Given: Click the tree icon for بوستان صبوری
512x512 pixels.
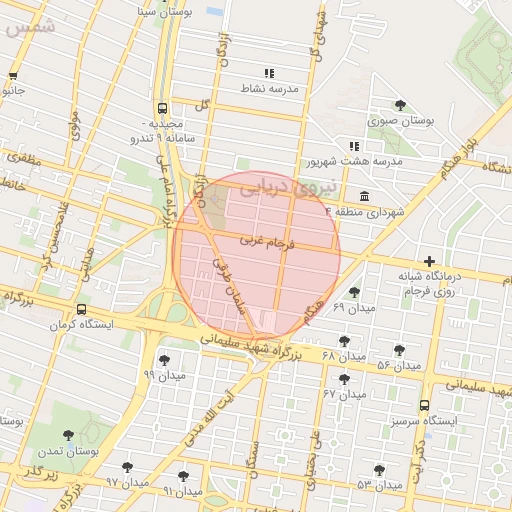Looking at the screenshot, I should [400, 105].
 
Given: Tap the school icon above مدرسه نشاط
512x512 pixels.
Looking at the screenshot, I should [268, 73].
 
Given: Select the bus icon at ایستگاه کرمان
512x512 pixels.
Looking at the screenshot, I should [81, 310].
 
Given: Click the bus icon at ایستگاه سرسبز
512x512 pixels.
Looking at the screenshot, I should [425, 405].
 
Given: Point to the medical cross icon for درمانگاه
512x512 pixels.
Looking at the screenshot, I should [430, 261].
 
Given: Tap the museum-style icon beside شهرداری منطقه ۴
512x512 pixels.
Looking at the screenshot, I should [361, 194].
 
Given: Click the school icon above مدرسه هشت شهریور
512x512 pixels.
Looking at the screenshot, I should [354, 146].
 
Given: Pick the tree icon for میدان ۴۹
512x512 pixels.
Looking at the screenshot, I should [354, 292].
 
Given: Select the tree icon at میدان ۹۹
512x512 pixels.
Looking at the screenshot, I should [164, 360].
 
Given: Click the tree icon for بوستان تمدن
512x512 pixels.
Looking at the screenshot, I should [68, 435].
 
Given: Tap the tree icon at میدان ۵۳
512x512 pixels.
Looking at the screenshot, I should [379, 470].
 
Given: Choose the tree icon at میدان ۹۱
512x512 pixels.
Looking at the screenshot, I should [182, 476].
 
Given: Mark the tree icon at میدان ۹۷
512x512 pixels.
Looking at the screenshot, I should [127, 467].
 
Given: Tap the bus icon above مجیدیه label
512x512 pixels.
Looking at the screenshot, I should [162, 108].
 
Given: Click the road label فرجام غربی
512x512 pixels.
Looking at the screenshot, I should [263, 242].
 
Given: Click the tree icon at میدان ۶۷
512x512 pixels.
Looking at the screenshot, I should [345, 379].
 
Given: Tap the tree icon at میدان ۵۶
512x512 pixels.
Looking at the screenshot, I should [400, 350].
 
